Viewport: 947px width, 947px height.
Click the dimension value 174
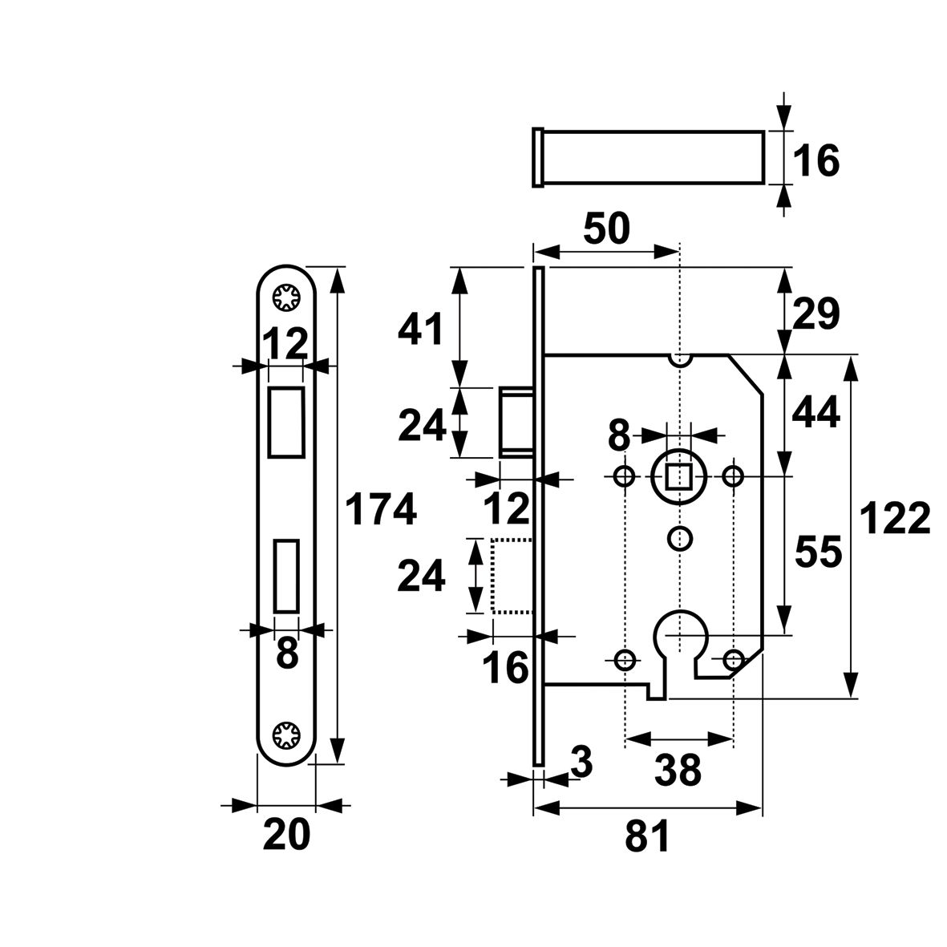pos(381,508)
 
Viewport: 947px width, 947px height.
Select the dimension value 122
pos(894,518)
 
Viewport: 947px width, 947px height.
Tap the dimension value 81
pos(647,836)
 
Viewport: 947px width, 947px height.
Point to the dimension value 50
pos(607,229)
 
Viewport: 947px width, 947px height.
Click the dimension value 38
pos(678,770)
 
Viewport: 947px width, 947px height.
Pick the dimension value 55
pos(819,552)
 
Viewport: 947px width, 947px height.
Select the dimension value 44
pos(816,413)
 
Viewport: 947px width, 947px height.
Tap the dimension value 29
pos(816,314)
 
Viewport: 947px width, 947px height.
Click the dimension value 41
pos(420,329)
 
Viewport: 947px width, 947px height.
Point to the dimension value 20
pos(286,835)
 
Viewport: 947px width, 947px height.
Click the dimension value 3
pos(581,763)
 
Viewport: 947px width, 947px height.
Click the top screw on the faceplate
pos(286,297)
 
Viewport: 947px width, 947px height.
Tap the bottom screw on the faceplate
pos(286,735)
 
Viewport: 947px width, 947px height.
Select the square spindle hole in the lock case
pos(679,477)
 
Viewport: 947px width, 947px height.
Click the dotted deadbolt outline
pos(512,577)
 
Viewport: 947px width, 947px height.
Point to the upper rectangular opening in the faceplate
pos(286,422)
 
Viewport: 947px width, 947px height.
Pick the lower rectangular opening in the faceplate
pos(286,577)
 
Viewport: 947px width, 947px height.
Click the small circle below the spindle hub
pos(680,538)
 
